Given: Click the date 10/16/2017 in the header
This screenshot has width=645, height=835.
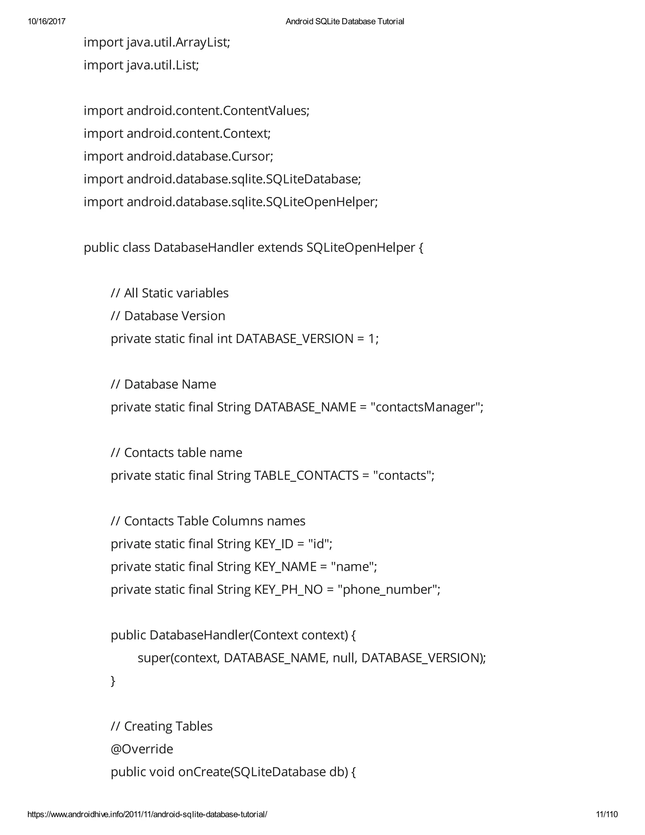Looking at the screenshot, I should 47,21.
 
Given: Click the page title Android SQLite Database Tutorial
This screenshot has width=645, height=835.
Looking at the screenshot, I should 345,21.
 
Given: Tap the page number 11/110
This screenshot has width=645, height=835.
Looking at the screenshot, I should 607,814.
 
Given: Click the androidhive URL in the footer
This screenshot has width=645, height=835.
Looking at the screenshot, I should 147,814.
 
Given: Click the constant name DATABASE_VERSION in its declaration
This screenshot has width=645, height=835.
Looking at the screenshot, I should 294,339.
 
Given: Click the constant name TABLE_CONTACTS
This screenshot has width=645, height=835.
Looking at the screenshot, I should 306,475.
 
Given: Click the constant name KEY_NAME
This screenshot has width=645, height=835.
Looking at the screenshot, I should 285,567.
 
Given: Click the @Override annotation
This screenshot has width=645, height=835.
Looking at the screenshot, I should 142,749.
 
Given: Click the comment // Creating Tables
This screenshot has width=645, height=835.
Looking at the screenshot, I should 161,726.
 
